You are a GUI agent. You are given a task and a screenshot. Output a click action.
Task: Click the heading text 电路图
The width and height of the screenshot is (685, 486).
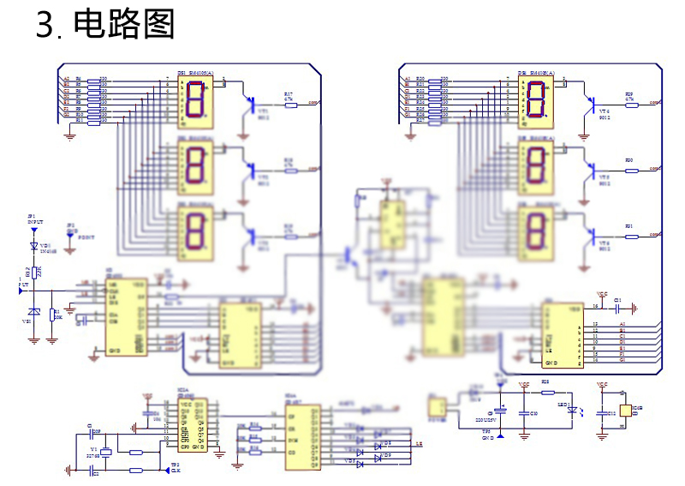pos(124,25)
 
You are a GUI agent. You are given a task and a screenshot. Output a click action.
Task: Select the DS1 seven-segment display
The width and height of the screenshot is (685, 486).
pos(194,100)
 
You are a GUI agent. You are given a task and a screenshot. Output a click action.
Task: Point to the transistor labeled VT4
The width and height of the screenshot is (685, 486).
pos(593,104)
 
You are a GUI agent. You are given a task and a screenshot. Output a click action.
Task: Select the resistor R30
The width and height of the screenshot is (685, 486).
pos(632,170)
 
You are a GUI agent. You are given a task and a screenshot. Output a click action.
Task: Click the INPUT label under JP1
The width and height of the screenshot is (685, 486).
pos(34,222)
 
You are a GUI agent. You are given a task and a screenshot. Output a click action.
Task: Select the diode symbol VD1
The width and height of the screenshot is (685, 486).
pos(34,245)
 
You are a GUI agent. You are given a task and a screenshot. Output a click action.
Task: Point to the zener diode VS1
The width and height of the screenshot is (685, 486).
pos(33,312)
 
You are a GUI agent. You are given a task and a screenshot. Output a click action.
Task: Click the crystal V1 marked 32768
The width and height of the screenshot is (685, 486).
pos(106,452)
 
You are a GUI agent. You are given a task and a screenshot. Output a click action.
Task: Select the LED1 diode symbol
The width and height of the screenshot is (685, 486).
pos(572,411)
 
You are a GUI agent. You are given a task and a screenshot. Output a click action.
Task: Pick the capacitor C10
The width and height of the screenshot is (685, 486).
pos(524,413)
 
